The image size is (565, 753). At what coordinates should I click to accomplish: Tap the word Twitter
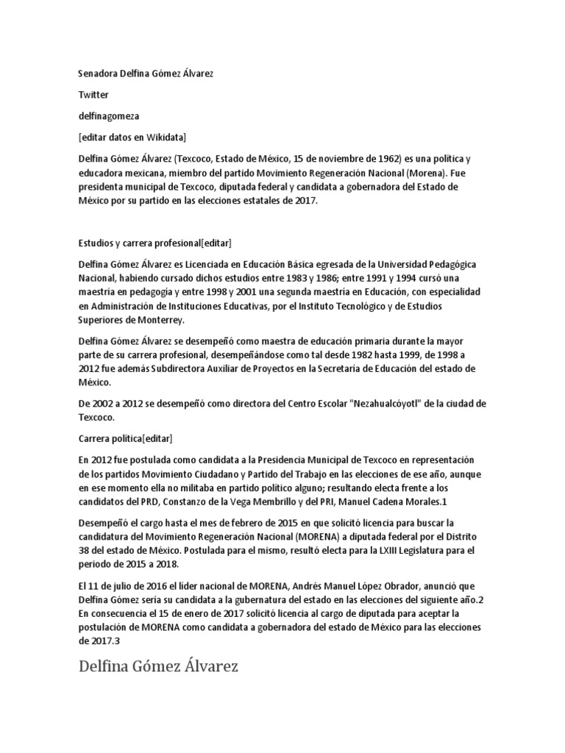(x=93, y=95)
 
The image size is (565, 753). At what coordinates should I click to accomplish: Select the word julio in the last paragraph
(x=118, y=585)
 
